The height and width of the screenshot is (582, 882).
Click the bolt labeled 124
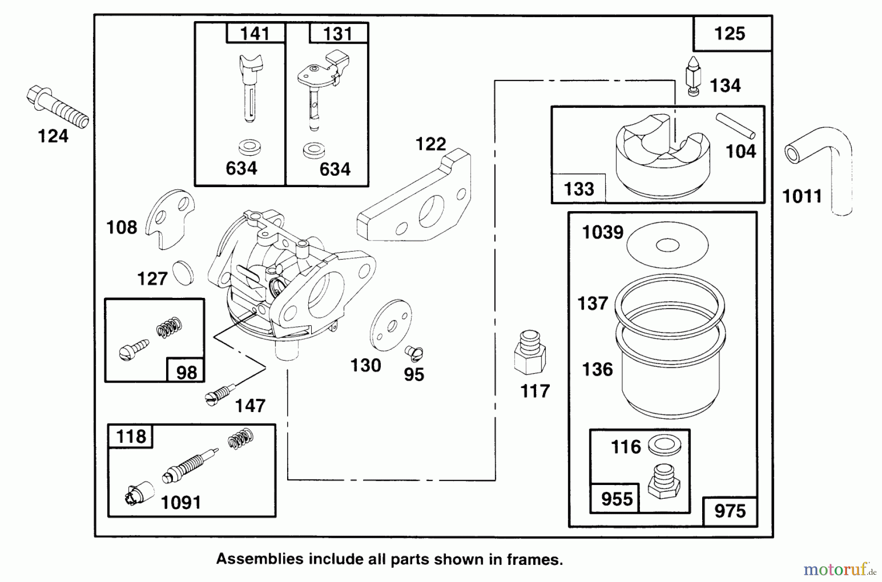pyautogui.click(x=57, y=107)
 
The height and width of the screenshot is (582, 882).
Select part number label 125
pyautogui.click(x=730, y=34)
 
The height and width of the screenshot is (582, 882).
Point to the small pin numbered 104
pyautogui.click(x=735, y=126)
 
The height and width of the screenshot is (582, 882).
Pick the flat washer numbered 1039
pyautogui.click(x=667, y=245)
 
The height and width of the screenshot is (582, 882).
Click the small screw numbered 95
pyautogui.click(x=414, y=352)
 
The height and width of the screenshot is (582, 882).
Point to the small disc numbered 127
pyautogui.click(x=183, y=273)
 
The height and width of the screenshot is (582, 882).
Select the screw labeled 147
pyautogui.click(x=218, y=395)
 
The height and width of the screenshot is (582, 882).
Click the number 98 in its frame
pyautogui.click(x=186, y=372)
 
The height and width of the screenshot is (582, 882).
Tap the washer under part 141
pyautogui.click(x=249, y=146)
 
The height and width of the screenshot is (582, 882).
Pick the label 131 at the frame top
pyautogui.click(x=338, y=34)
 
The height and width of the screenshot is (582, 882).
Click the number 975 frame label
pyautogui.click(x=730, y=511)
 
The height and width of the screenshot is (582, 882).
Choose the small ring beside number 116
pyautogui.click(x=664, y=446)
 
